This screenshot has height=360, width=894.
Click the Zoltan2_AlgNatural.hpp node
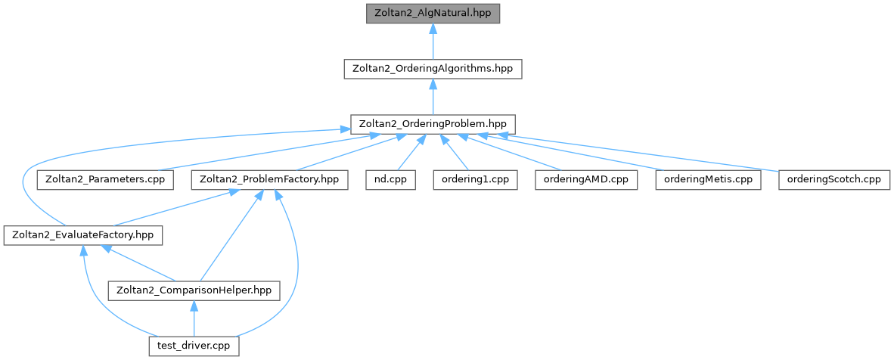(x=433, y=14)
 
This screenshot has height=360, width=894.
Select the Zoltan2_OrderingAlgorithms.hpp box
(x=433, y=68)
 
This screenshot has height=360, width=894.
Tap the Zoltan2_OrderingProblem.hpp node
(x=433, y=123)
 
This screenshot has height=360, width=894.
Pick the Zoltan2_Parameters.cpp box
(x=105, y=180)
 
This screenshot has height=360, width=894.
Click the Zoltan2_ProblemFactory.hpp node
(x=270, y=180)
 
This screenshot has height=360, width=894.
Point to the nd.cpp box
(x=390, y=180)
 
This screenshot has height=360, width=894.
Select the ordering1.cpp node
(x=476, y=180)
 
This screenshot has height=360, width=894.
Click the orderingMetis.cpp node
(x=707, y=180)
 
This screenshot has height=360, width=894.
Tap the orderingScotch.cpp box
(x=834, y=180)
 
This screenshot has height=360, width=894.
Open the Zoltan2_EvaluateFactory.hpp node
(x=82, y=235)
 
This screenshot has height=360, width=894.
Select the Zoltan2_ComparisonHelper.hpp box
(x=194, y=290)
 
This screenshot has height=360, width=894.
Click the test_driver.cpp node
(x=194, y=346)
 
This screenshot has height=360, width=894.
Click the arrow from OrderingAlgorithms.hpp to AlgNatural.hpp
(x=433, y=42)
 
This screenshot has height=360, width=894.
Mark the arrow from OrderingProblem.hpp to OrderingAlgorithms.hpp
(x=433, y=96)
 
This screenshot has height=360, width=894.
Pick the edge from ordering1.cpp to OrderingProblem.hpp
(x=456, y=154)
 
